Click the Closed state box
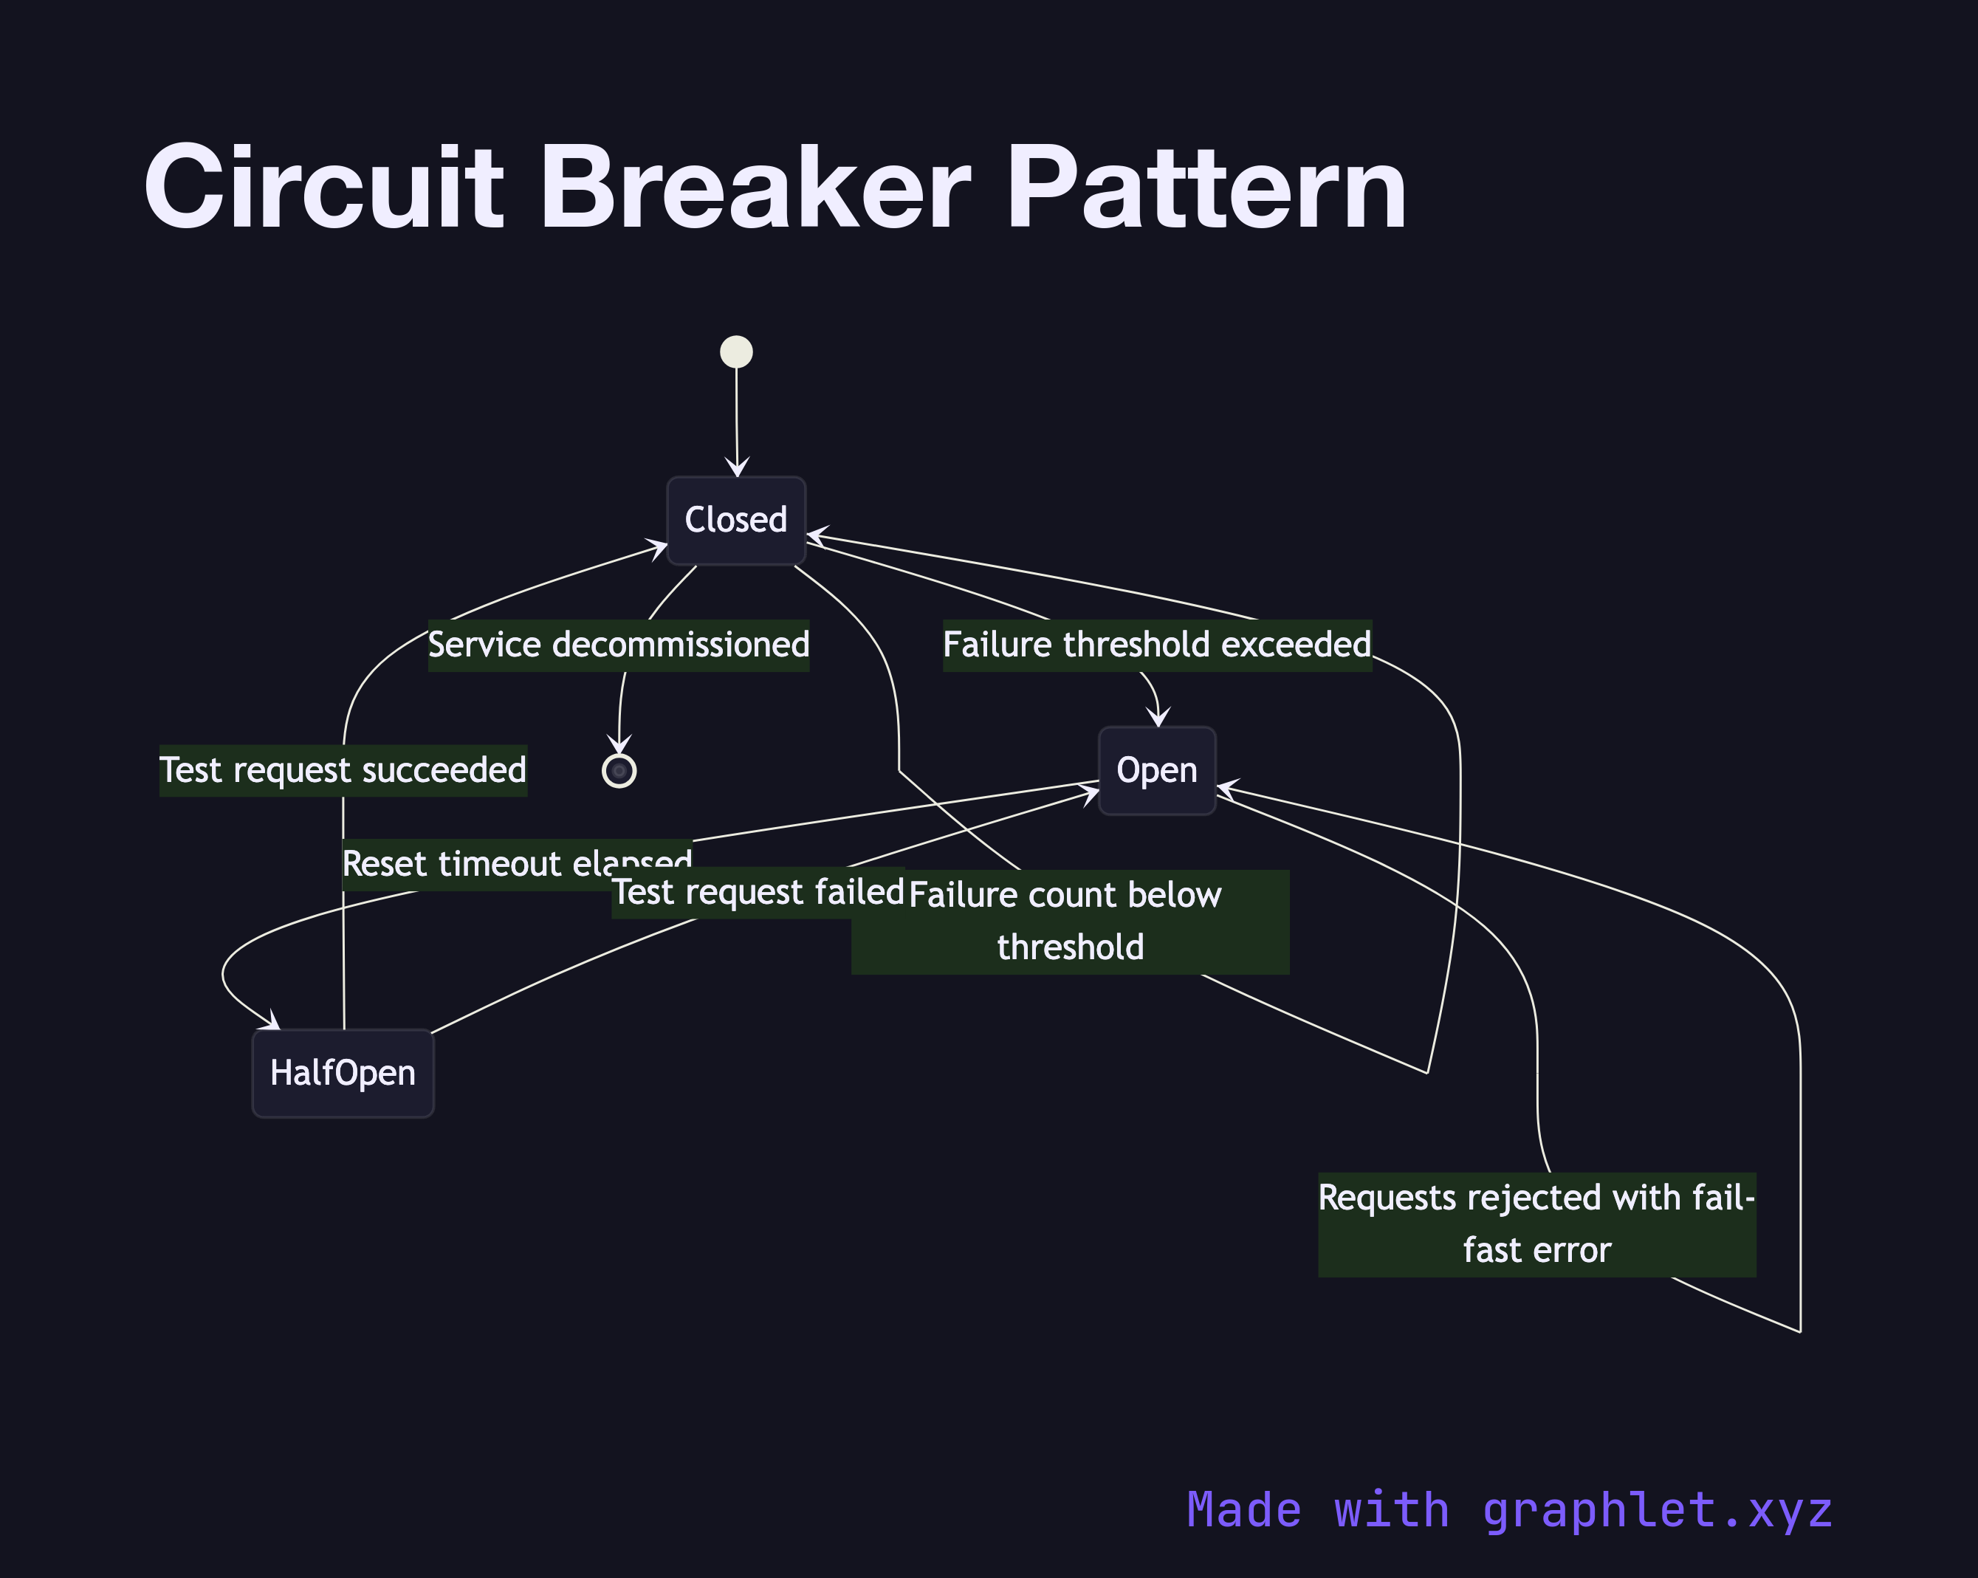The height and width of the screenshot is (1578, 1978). [x=736, y=520]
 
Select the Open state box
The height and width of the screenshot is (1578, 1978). [x=1157, y=771]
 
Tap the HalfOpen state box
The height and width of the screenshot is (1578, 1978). [x=342, y=1072]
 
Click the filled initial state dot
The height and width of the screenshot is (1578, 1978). [x=736, y=351]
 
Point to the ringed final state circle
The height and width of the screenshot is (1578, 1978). [x=619, y=771]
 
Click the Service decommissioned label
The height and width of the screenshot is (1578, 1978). [x=618, y=645]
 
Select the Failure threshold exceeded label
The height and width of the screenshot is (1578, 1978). [x=1157, y=645]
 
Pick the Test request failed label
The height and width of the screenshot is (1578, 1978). [x=758, y=892]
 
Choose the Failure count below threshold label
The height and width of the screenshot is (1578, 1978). [x=1070, y=921]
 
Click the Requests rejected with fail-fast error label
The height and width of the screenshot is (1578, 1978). [x=1536, y=1224]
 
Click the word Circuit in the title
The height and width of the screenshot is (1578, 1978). [x=323, y=188]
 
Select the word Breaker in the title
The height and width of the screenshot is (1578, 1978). [x=754, y=188]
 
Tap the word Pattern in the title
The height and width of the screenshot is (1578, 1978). [x=1206, y=188]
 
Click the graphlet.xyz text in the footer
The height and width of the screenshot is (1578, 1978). [x=1657, y=1509]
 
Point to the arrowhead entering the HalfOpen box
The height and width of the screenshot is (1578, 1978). [x=273, y=1023]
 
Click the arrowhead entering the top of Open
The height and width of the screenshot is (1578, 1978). [x=1160, y=719]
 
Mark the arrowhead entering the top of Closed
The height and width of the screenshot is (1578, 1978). [x=737, y=469]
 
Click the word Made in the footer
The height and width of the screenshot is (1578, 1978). [x=1243, y=1509]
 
